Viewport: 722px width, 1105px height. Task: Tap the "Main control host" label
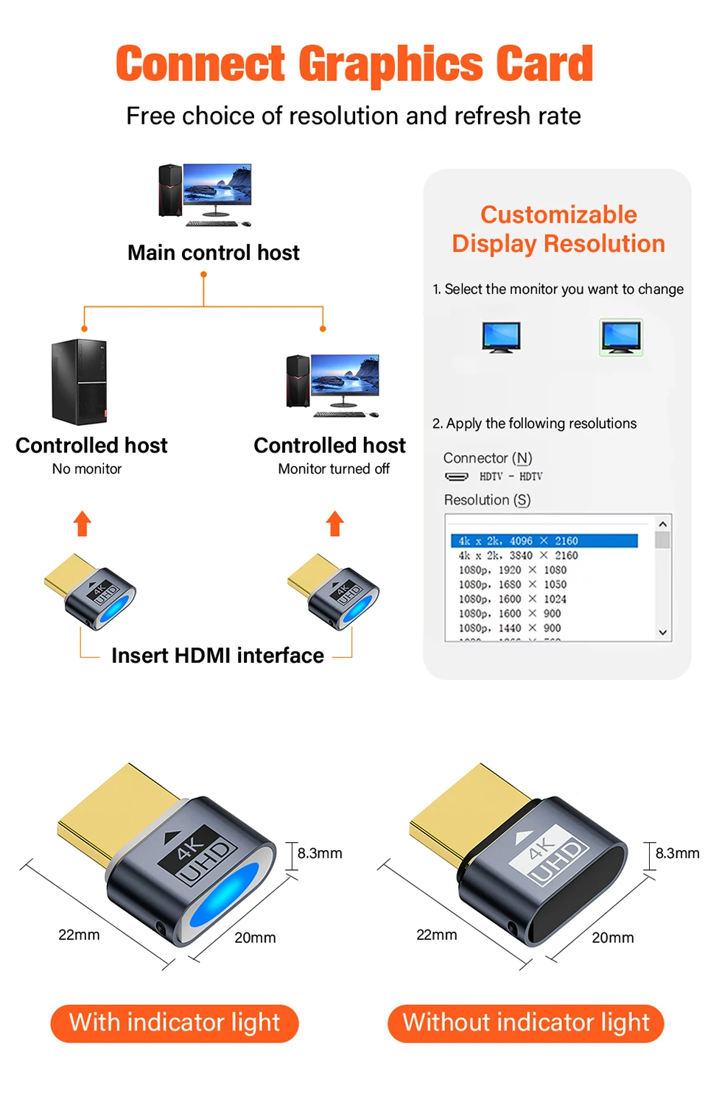[x=214, y=253]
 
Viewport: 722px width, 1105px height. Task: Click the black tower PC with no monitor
[x=79, y=382]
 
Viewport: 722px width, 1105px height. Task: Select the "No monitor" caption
[x=87, y=469]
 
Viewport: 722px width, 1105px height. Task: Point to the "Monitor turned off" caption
[x=334, y=469]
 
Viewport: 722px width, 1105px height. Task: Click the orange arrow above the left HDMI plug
[x=83, y=524]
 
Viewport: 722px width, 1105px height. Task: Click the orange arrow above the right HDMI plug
[x=335, y=524]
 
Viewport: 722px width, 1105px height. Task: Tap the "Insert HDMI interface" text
[x=217, y=656]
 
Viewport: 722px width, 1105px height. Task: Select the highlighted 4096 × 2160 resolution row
[x=544, y=541]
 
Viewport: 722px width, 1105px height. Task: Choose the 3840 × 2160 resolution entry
[x=518, y=555]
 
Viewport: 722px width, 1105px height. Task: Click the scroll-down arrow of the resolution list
[x=662, y=632]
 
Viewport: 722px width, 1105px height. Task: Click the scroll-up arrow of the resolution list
[x=662, y=524]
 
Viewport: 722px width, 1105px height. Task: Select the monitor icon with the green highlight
[x=621, y=337]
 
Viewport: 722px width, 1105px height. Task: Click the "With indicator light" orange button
[x=175, y=1022]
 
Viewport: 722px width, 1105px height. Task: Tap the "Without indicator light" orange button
[x=526, y=1022]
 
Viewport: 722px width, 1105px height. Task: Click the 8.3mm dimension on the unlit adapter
[x=677, y=853]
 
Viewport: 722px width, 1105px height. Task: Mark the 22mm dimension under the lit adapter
[x=79, y=935]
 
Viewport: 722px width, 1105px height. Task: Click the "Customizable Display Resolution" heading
[x=558, y=229]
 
